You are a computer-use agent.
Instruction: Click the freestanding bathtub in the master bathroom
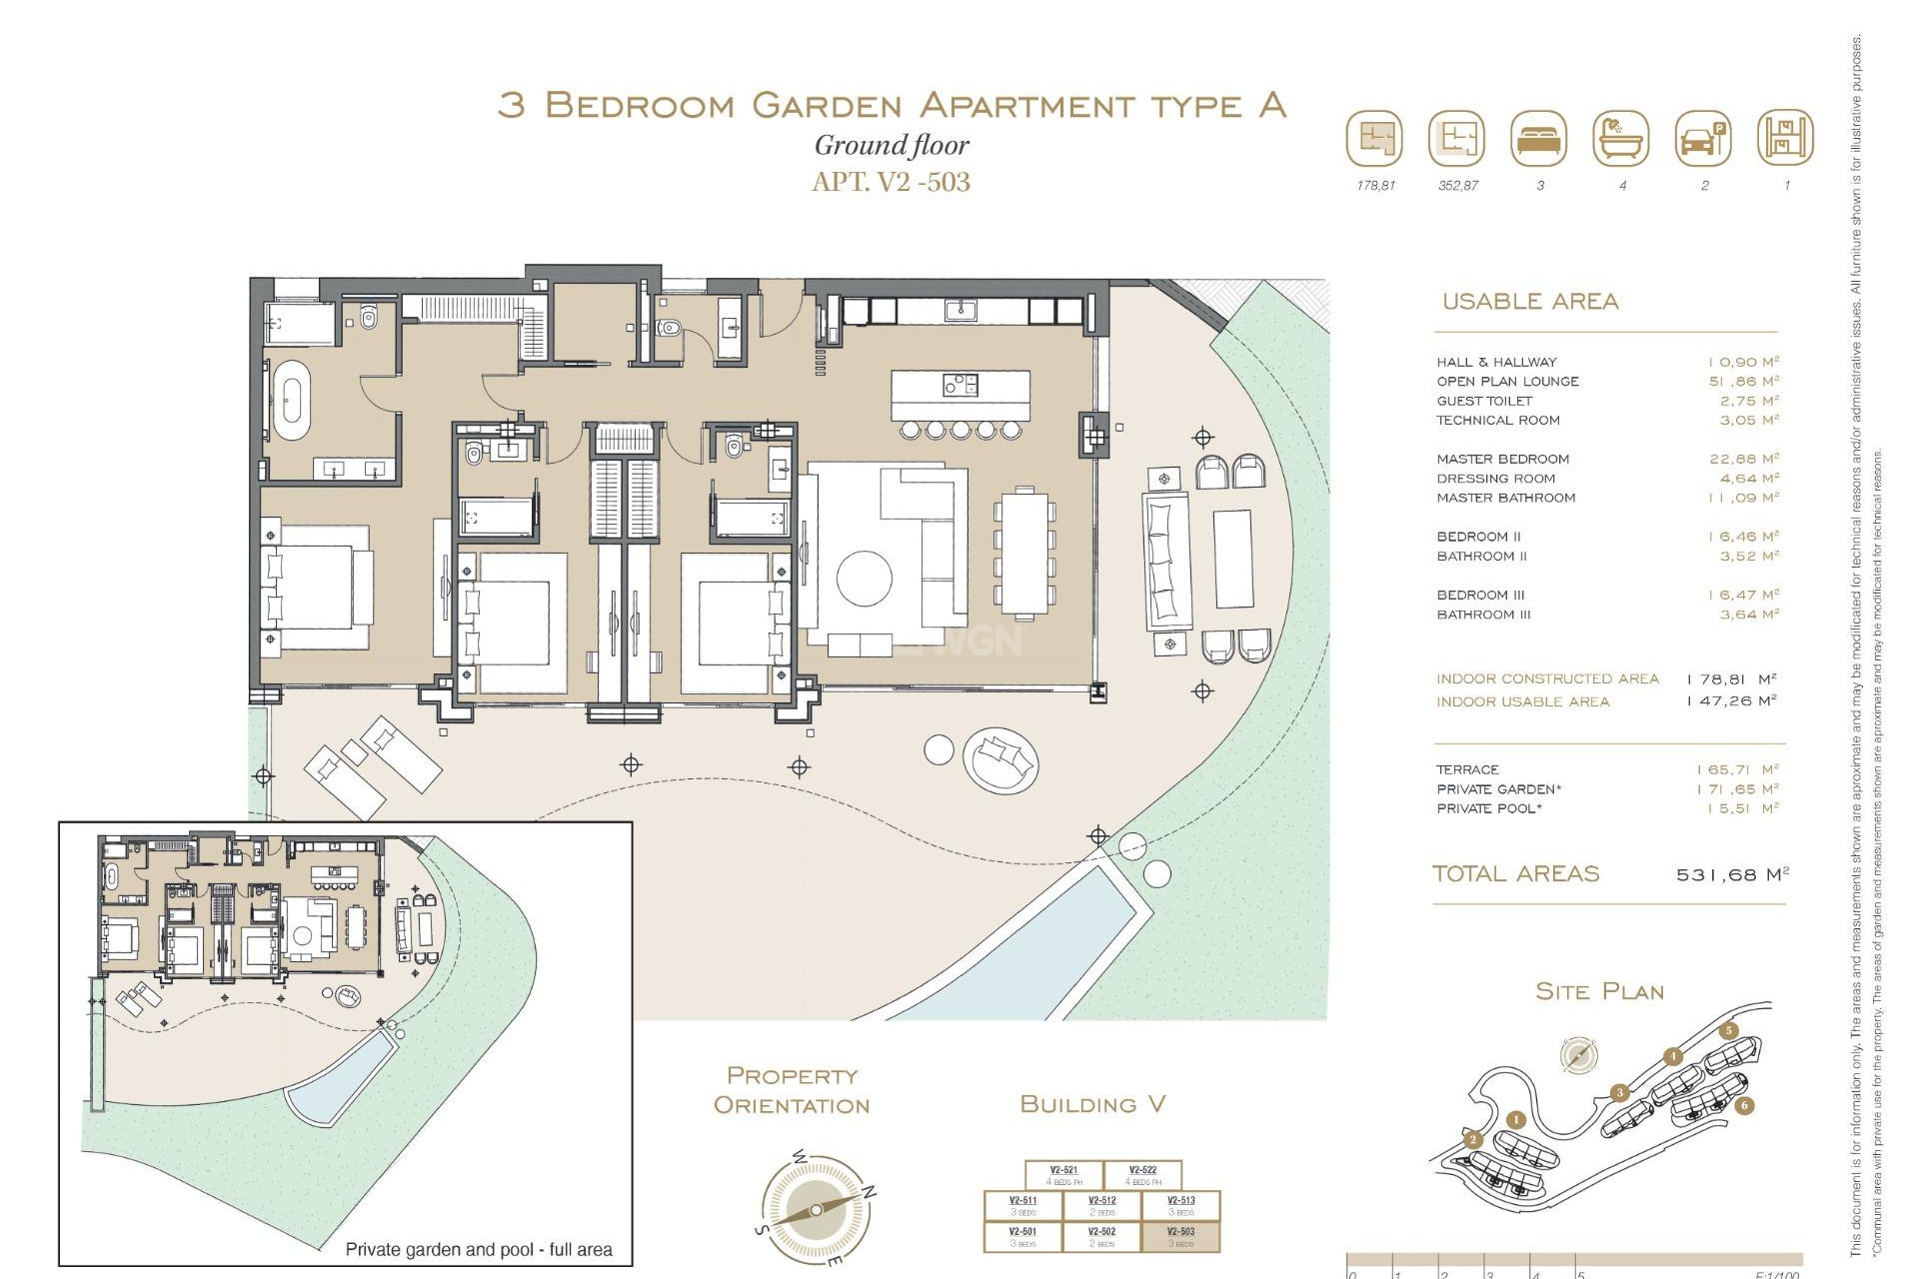tap(292, 401)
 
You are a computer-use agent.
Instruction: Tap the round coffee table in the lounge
tap(864, 579)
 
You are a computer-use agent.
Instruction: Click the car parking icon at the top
tap(1702, 139)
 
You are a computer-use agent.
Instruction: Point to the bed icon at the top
tap(1539, 139)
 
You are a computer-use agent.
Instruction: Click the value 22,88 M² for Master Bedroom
tap(1743, 459)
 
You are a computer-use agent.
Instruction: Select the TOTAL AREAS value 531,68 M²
tap(1731, 874)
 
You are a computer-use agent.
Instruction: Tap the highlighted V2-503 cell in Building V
tap(1180, 1237)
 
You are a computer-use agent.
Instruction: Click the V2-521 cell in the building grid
tap(1063, 1175)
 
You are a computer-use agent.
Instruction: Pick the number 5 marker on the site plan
tap(1728, 1031)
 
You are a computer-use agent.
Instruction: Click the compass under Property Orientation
tap(816, 1209)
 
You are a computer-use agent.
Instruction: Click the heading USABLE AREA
tap(1529, 301)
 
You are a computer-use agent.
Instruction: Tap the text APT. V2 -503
tap(891, 182)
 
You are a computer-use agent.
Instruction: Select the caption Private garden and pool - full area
tap(478, 1249)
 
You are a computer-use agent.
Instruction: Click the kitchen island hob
tap(959, 385)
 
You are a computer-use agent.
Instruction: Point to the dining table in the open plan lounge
tap(1025, 552)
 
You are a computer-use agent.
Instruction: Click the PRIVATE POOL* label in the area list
tap(1488, 808)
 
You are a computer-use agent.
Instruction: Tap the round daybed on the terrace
tap(1000, 759)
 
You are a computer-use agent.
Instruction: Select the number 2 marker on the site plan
tap(1472, 1139)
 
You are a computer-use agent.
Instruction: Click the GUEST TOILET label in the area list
tap(1484, 401)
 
